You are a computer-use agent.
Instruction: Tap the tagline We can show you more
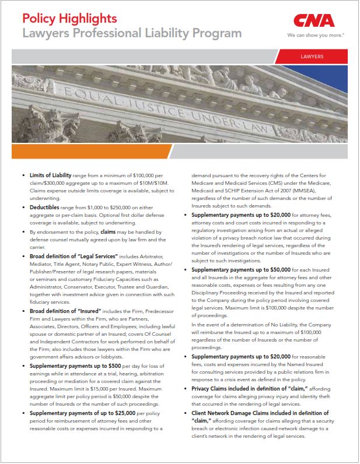(316, 35)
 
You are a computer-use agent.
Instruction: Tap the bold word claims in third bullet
(111, 232)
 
